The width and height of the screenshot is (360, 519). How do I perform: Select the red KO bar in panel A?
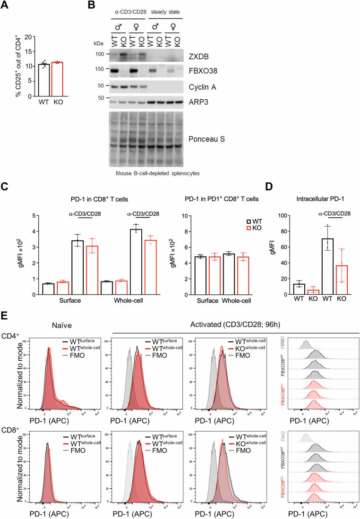point(60,79)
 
